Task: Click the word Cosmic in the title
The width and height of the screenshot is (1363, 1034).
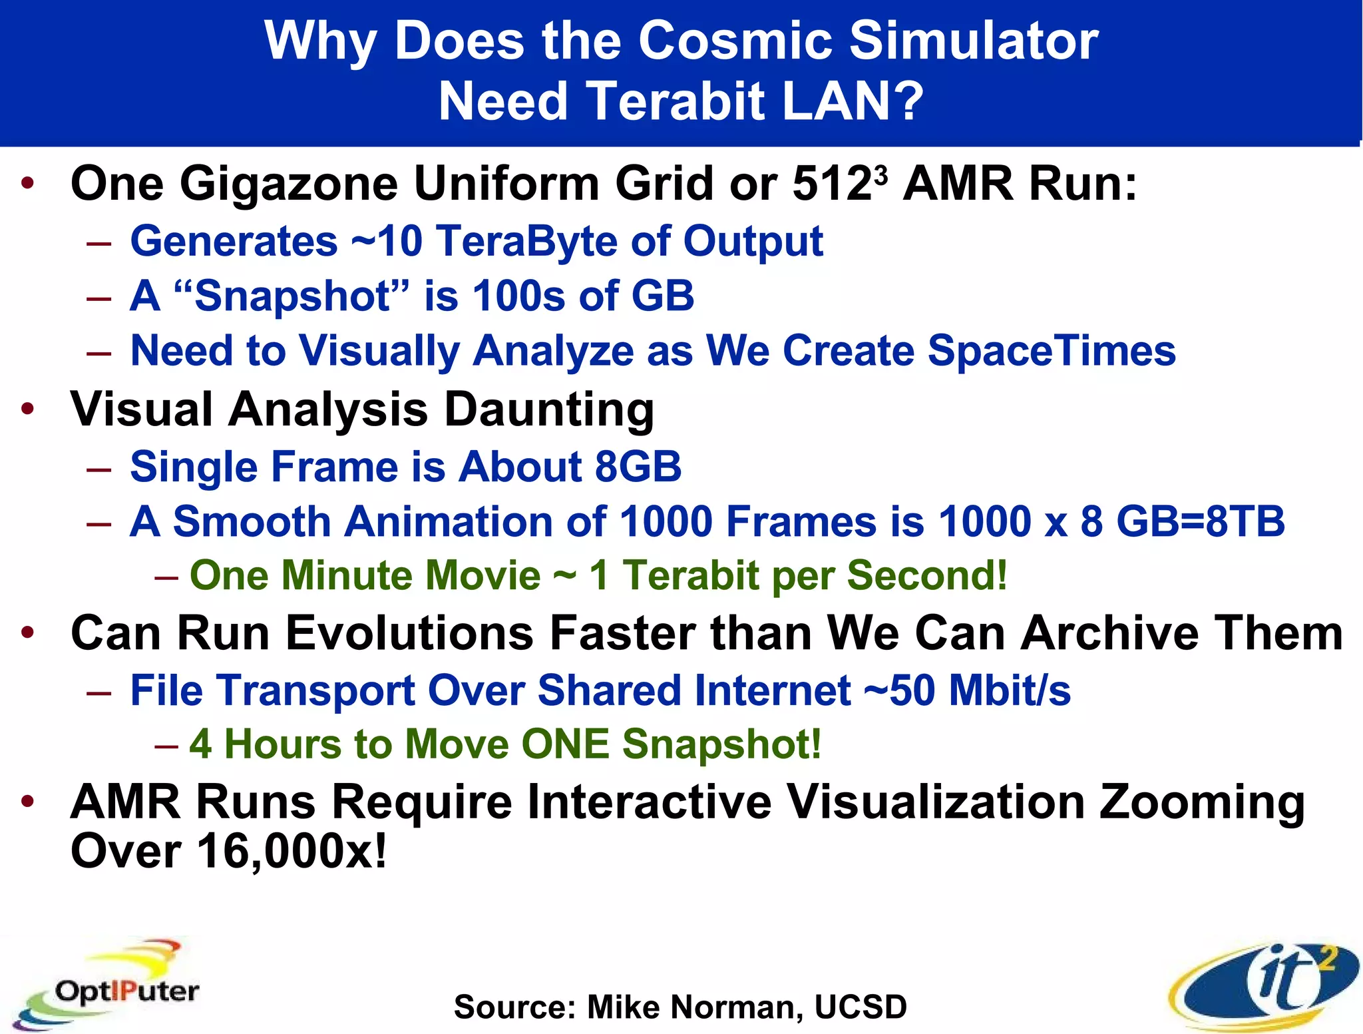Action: click(x=735, y=41)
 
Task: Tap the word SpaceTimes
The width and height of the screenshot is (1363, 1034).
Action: click(x=1052, y=351)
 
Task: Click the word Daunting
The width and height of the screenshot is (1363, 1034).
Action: click(x=549, y=409)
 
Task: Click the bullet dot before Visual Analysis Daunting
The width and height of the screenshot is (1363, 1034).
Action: click(x=27, y=409)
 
